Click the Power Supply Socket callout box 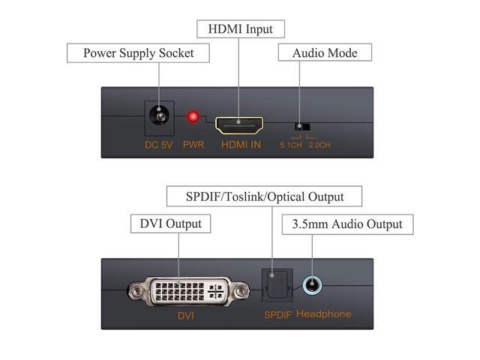[x=138, y=53]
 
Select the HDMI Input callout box [x=235, y=30]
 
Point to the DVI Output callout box [x=171, y=223]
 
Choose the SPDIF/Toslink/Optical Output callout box [x=264, y=196]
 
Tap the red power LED [x=193, y=118]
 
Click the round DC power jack [x=159, y=118]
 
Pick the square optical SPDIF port [x=272, y=286]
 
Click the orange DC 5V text [x=159, y=144]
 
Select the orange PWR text [x=193, y=144]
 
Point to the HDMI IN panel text [x=240, y=144]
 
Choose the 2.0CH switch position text [x=319, y=144]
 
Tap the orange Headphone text [x=324, y=314]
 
